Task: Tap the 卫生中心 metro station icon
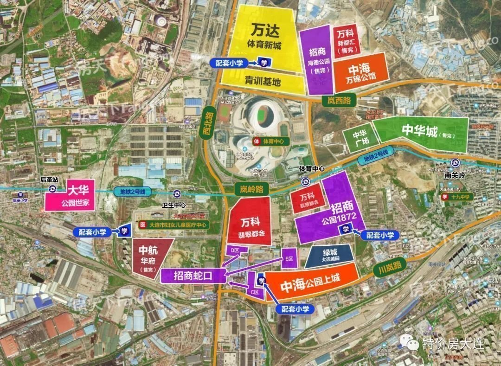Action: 177,194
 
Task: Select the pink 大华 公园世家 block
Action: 70,195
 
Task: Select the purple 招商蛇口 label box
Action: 193,276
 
